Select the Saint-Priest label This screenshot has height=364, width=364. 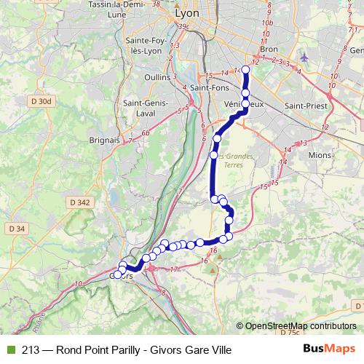[305, 106]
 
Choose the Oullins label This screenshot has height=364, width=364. [158, 76]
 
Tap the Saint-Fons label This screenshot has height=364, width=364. [210, 88]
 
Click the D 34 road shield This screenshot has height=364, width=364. [17, 229]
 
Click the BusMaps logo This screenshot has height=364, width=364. [330, 349]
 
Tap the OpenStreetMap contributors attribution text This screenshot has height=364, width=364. [300, 326]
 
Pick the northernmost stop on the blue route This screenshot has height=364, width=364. [245, 70]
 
